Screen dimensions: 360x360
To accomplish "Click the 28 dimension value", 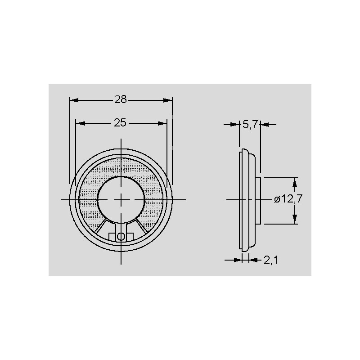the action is click(121, 99).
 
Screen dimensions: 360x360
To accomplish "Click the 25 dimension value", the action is click(120, 123).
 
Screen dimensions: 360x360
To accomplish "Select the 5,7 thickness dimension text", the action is click(250, 125).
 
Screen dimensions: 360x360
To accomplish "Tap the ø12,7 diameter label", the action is click(288, 199).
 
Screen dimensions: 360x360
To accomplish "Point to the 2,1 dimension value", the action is click(271, 260).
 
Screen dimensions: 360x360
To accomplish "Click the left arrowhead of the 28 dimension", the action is click(74, 100).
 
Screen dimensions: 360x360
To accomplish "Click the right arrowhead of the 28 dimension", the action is click(167, 100).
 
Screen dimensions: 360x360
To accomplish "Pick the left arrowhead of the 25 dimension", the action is click(81, 123).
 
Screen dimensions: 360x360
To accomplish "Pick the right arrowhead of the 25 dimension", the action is click(162, 123).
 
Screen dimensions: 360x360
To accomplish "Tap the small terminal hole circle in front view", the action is click(121, 237).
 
